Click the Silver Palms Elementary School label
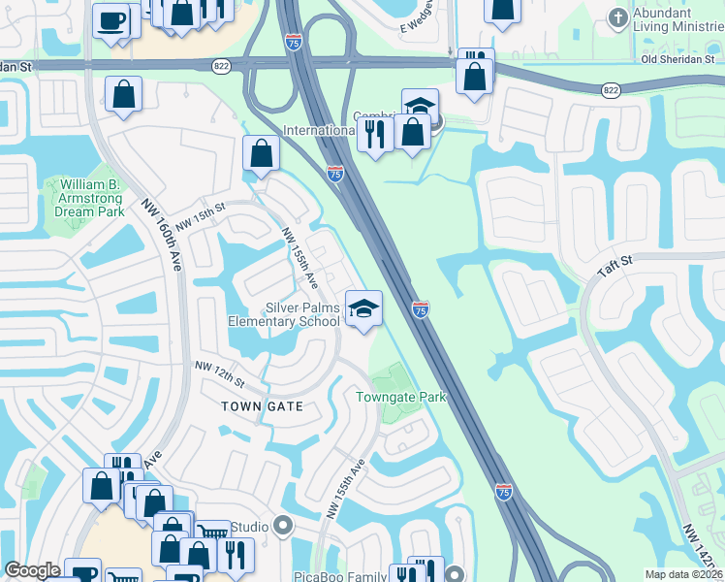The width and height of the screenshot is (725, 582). pyautogui.click(x=284, y=314)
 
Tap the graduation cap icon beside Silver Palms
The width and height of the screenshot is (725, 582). pyautogui.click(x=363, y=308)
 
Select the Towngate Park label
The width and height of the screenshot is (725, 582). pyautogui.click(x=400, y=397)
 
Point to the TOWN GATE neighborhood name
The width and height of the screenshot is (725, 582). pyautogui.click(x=262, y=406)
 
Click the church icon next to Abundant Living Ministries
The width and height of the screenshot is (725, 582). pyautogui.click(x=616, y=17)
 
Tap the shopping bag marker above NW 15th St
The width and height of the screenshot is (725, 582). pyautogui.click(x=261, y=152)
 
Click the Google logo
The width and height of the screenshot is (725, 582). pyautogui.click(x=32, y=570)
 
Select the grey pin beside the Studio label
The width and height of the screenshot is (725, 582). pyautogui.click(x=283, y=527)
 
